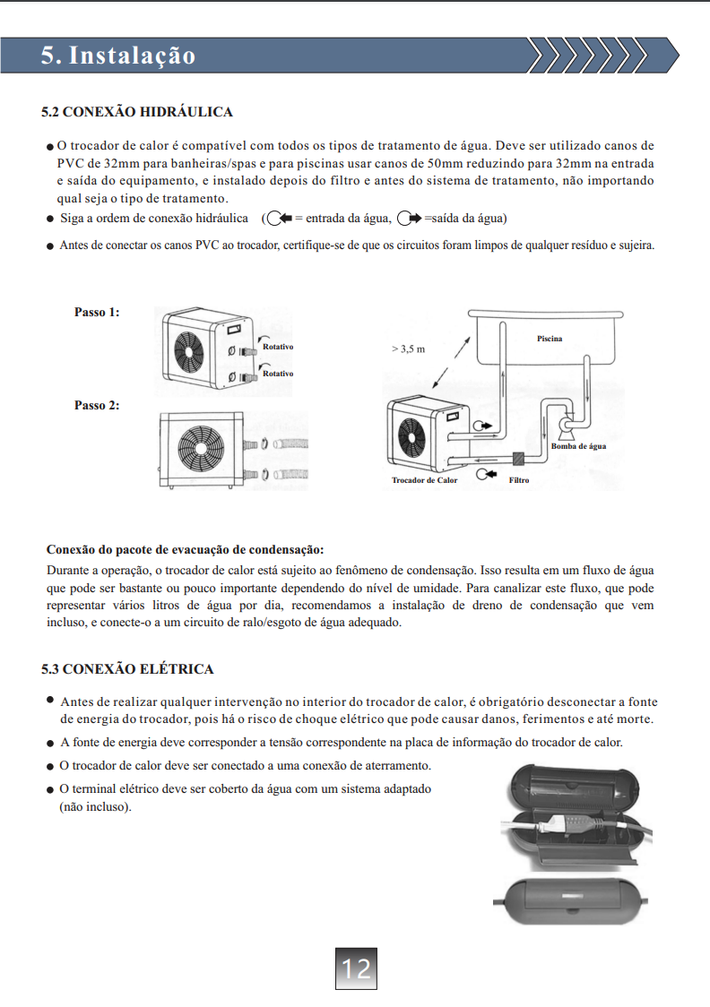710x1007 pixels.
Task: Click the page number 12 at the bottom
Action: (356, 968)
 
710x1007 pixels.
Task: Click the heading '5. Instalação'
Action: (117, 56)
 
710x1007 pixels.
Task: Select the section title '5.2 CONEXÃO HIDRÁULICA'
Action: (136, 112)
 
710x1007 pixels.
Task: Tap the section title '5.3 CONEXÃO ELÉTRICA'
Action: (127, 669)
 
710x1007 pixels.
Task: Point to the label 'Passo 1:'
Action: (97, 313)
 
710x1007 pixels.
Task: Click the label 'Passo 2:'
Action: (97, 406)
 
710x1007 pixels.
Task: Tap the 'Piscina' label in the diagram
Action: (550, 339)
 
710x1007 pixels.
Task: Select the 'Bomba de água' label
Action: (578, 445)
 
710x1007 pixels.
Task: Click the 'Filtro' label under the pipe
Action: (518, 480)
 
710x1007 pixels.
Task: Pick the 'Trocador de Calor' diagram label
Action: (424, 480)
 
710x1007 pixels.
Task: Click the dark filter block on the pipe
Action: (518, 459)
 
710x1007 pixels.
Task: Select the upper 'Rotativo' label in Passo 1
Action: (278, 346)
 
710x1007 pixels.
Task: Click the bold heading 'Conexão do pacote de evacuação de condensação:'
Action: (185, 548)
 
